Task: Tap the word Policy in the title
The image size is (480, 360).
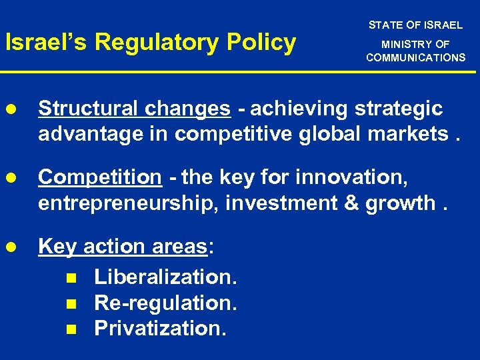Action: pyautogui.click(x=263, y=43)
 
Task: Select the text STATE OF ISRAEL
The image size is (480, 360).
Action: pyautogui.click(x=415, y=25)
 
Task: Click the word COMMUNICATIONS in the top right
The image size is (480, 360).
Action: pyautogui.click(x=415, y=57)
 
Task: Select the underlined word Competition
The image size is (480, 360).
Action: pyautogui.click(x=100, y=177)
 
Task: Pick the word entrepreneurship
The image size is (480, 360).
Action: pyautogui.click(x=129, y=203)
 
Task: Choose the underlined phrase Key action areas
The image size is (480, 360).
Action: pyautogui.click(x=123, y=247)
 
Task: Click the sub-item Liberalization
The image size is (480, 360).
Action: pyautogui.click(x=165, y=276)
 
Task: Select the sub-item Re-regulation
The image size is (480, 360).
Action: pyautogui.click(x=165, y=303)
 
